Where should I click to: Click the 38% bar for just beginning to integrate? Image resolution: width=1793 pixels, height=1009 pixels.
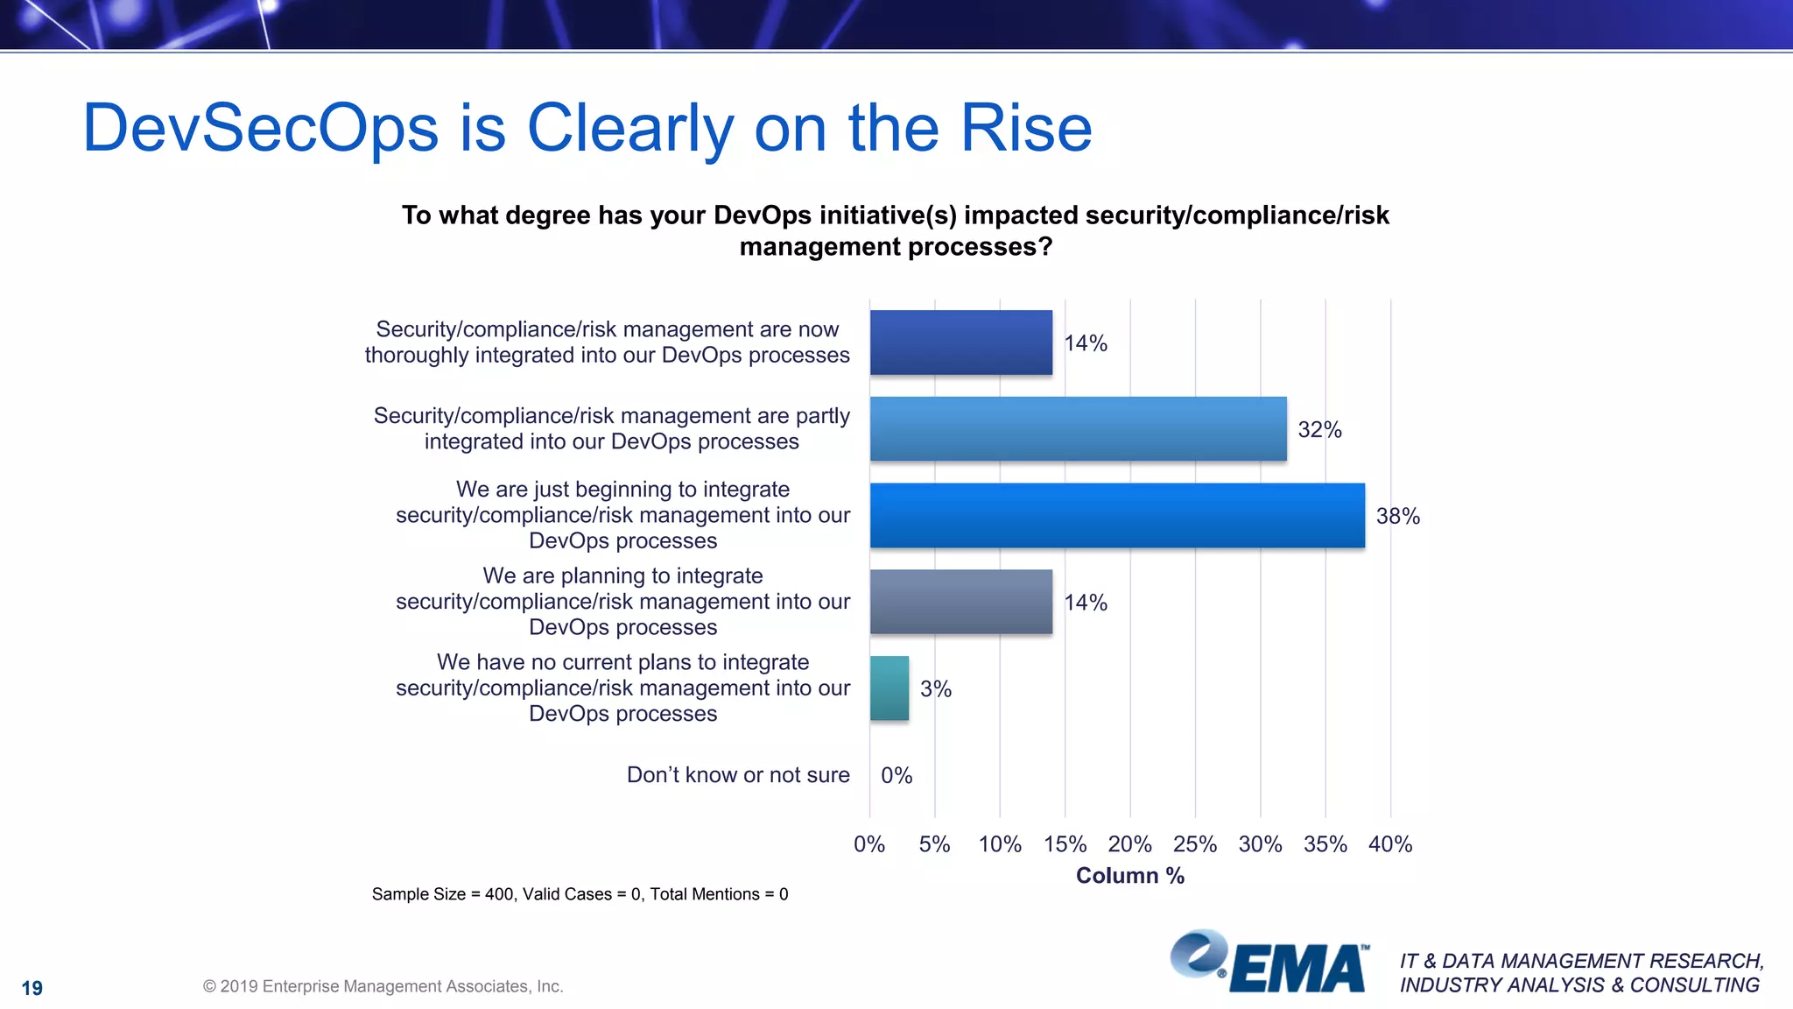point(1116,516)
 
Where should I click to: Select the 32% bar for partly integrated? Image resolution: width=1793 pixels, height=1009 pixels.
point(1078,429)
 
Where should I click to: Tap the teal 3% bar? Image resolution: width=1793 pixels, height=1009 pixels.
point(889,688)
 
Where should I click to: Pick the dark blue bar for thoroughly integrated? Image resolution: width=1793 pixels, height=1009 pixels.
point(960,342)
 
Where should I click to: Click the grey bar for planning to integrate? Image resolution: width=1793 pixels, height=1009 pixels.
point(960,602)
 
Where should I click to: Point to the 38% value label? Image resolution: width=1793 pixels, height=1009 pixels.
point(1397,517)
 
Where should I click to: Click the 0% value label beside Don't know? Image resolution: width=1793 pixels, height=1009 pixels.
point(896,776)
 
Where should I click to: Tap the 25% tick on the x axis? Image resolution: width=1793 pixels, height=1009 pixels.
point(1194,844)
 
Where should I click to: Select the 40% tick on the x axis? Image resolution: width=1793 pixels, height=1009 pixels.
point(1390,844)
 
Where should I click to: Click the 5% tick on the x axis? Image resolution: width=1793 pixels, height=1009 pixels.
point(934,844)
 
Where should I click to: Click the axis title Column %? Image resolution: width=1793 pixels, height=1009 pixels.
point(1129,876)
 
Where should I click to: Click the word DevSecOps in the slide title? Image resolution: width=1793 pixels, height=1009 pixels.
point(260,129)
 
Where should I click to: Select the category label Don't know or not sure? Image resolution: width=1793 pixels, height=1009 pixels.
point(738,775)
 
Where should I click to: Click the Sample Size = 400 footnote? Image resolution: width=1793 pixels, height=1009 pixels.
point(580,894)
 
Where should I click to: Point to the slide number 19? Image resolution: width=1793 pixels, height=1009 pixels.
point(32,988)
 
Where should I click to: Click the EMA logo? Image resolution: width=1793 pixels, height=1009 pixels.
point(1269,963)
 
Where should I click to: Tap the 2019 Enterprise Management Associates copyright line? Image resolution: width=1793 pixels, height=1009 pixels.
point(383,986)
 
